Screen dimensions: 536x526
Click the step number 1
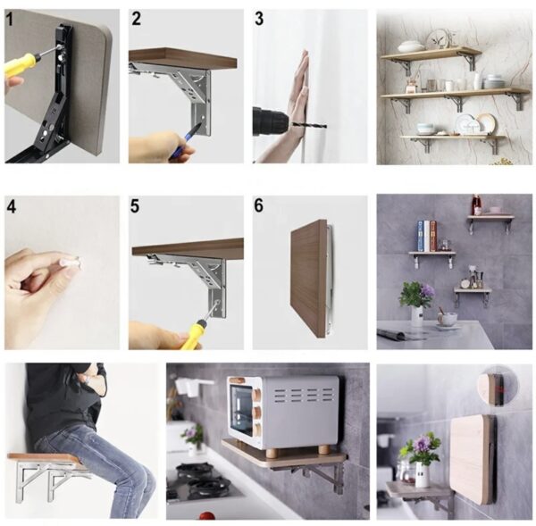tap(9, 19)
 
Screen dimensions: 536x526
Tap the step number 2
tap(136, 19)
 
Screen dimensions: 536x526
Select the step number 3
tap(259, 19)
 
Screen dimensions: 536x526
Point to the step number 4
tap(11, 207)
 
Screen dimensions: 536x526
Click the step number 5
tap(135, 206)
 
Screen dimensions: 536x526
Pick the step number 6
tap(259, 205)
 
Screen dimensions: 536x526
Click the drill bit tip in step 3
tap(326, 127)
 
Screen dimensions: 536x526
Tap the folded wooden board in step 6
tap(308, 279)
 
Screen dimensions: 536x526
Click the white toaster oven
tap(283, 412)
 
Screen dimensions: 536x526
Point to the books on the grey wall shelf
tap(427, 236)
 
